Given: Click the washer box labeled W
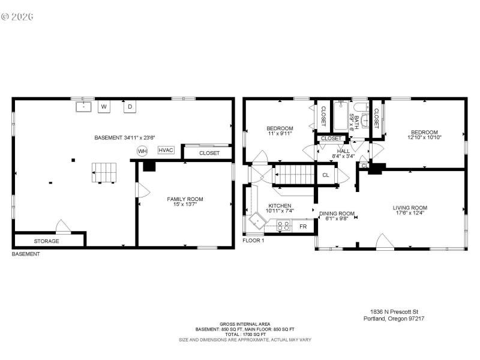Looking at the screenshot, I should [104, 107].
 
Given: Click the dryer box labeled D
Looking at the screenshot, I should [130, 107].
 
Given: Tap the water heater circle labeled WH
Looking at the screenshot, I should [142, 151].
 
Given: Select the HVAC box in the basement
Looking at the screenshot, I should [166, 150].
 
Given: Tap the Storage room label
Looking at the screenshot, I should [46, 241].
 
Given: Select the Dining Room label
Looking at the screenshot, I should [337, 214].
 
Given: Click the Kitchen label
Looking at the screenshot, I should [280, 206].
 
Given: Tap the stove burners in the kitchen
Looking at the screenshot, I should [283, 226].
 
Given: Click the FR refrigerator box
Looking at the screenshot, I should [303, 227].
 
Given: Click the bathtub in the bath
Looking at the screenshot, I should [343, 115].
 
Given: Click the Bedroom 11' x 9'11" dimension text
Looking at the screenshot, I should [280, 134].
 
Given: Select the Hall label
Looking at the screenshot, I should [343, 151].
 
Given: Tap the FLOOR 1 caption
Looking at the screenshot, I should [253, 241].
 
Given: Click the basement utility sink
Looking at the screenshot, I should [83, 107].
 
